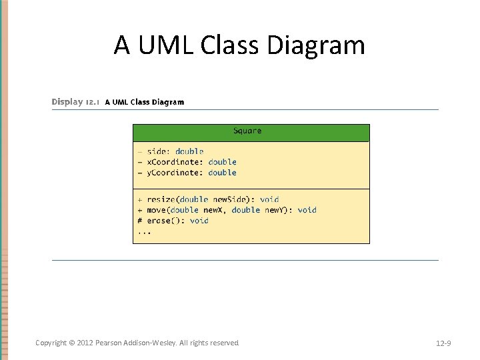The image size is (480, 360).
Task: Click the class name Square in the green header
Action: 247,131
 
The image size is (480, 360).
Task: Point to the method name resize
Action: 161,199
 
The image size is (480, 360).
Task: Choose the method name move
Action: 157,210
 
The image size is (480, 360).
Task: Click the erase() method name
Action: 165,221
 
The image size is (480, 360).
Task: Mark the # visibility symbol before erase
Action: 140,221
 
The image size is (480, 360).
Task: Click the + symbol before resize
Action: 140,199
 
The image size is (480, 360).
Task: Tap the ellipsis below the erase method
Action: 144,232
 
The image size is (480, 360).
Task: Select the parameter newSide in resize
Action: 230,199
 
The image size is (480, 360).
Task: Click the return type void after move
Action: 307,210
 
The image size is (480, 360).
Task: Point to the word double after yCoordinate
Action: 222,173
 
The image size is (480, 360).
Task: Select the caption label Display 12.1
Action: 76,102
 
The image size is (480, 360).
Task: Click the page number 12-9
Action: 443,343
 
